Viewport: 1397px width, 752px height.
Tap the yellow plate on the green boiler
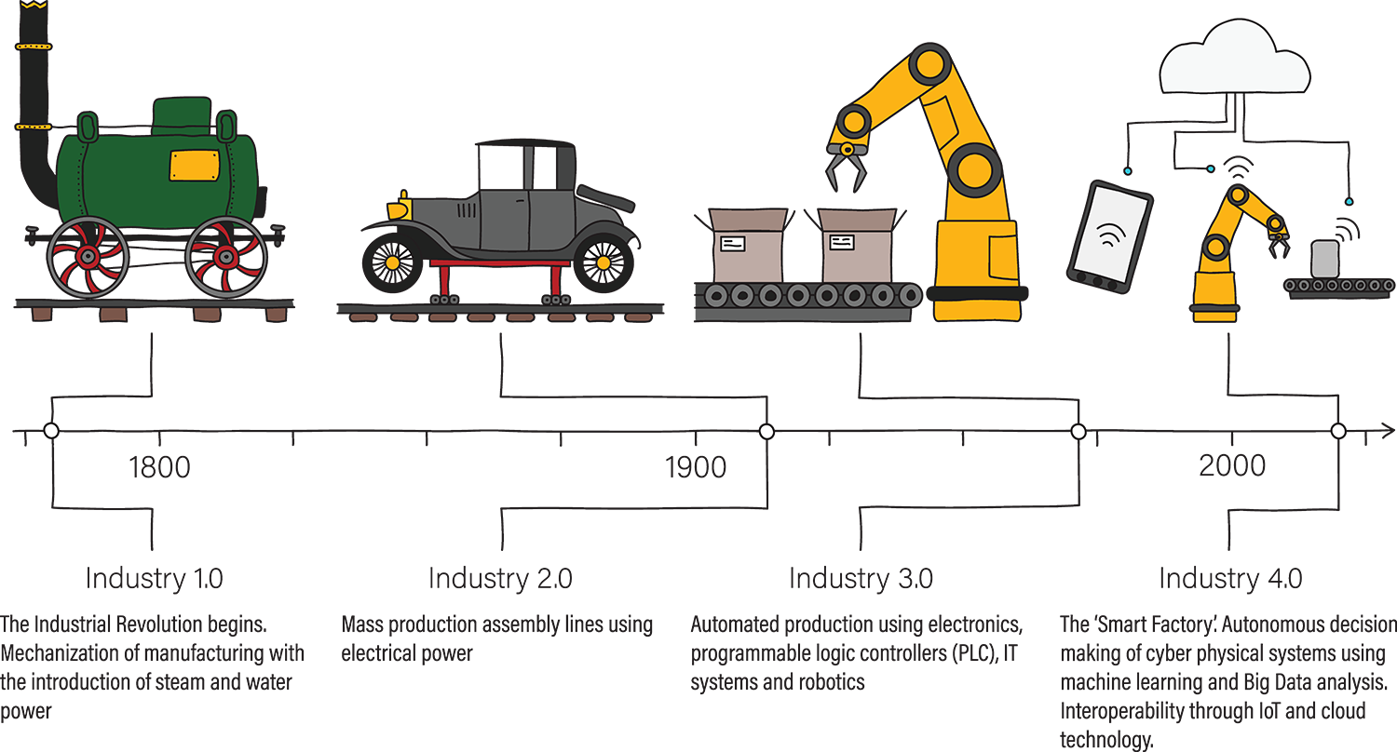[195, 165]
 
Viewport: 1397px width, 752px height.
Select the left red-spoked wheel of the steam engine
[88, 256]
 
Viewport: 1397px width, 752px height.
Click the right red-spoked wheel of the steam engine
[226, 256]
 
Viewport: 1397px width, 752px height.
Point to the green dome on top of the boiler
[182, 116]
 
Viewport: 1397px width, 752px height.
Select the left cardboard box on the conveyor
[747, 247]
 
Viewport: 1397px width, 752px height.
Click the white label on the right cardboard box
[841, 243]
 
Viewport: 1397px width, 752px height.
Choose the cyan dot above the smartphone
[1127, 171]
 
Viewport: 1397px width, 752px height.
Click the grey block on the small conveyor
[1324, 259]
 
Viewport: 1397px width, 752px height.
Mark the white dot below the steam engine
[51, 430]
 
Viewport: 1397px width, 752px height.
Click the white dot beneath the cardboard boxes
[766, 431]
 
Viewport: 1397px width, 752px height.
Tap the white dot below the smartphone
[1078, 431]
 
